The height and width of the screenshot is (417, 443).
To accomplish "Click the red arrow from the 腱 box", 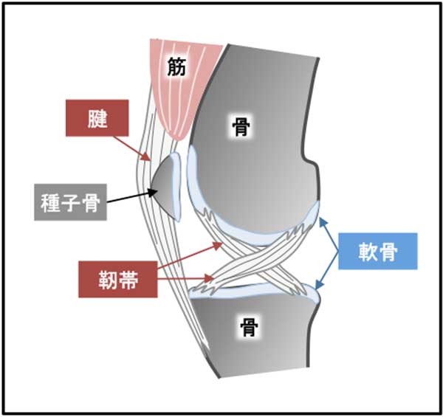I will (x=137, y=148).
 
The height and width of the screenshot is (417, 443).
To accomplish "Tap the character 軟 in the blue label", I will (x=367, y=252).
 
